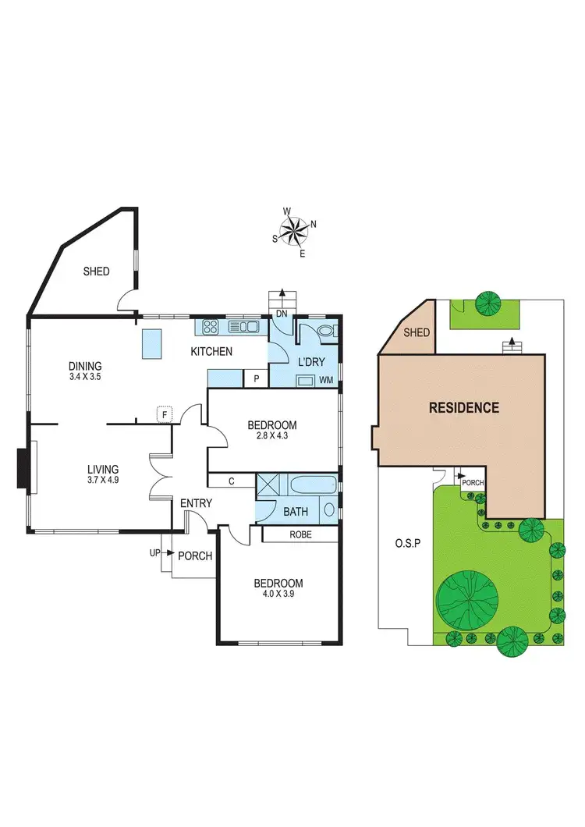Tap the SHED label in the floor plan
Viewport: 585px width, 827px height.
[97, 272]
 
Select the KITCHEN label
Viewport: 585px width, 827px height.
[211, 352]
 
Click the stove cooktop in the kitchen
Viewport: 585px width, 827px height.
[210, 327]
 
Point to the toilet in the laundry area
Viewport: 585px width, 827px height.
[326, 333]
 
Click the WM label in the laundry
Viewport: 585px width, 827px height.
[328, 380]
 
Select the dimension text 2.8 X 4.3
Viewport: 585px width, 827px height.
[272, 438]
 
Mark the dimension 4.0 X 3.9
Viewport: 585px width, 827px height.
[278, 595]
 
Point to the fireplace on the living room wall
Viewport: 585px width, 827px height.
[23, 467]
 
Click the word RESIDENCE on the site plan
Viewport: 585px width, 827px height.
[463, 407]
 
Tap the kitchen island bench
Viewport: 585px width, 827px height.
[151, 343]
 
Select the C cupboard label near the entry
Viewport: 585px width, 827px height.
[232, 482]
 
